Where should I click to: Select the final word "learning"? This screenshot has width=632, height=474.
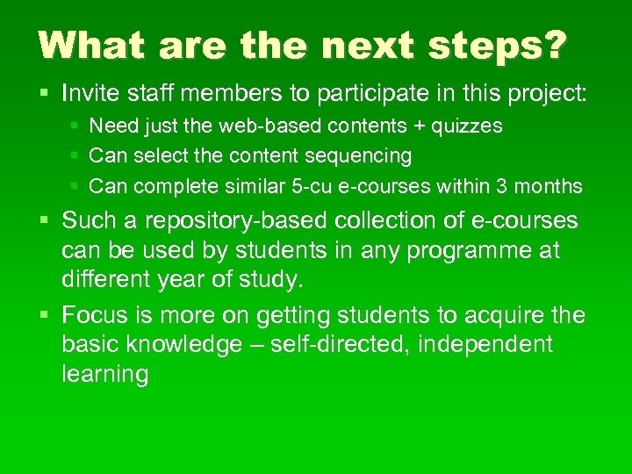(105, 375)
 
